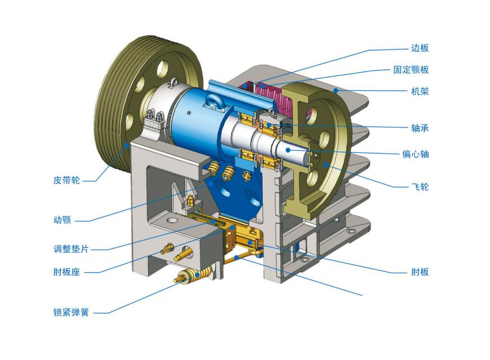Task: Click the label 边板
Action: pos(420,48)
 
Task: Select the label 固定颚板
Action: pos(411,70)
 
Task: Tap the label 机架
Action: pos(420,91)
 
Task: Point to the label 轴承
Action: pos(420,128)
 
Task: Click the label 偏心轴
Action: pos(415,154)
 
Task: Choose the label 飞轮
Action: pos(420,187)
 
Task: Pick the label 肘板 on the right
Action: pos(420,272)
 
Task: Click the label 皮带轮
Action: pos(67,180)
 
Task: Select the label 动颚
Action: pos(62,220)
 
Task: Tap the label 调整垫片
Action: pos(71,249)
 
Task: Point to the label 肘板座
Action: pos(67,272)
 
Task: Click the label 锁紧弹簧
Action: pos(71,312)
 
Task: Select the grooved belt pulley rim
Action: pos(111,103)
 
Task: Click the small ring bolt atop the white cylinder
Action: pos(174,83)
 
